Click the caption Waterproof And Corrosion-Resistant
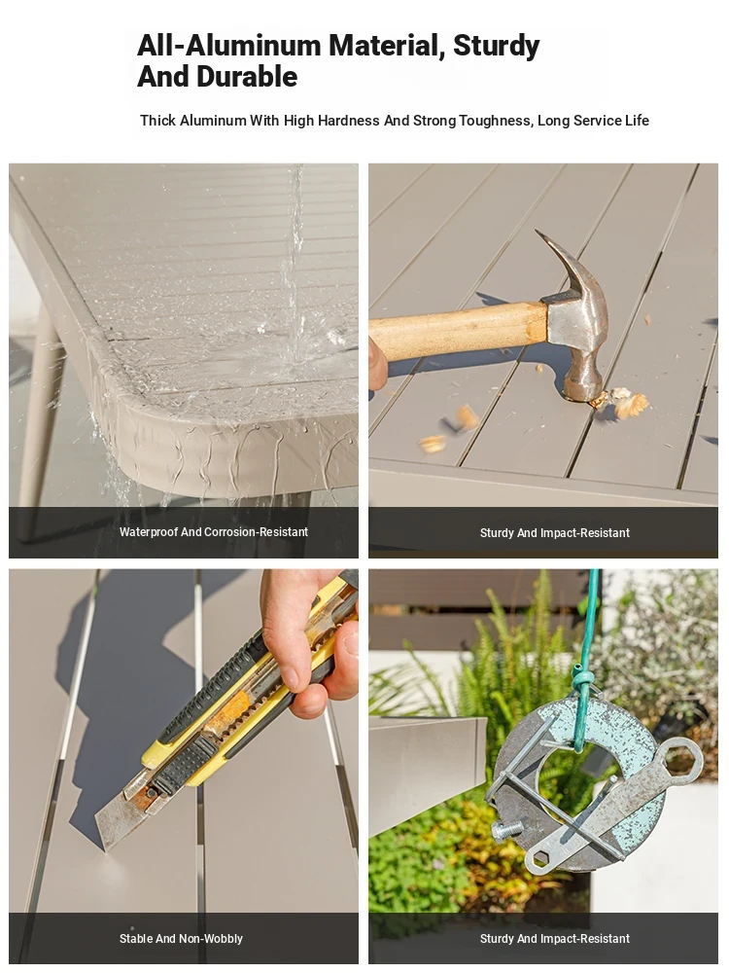click(x=213, y=532)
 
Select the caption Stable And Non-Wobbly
click(x=181, y=938)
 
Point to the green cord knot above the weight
click(x=580, y=678)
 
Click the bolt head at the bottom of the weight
click(x=504, y=830)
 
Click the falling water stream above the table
click(x=294, y=261)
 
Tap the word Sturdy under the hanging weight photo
click(x=497, y=939)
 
